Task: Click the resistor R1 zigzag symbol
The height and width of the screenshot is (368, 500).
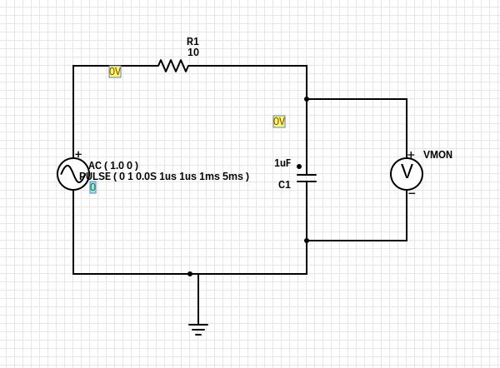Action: coord(173,66)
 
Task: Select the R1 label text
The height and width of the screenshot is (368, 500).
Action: coord(192,42)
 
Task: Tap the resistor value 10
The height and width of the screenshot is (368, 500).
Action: coord(193,52)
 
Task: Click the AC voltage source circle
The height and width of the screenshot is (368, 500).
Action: coord(73,174)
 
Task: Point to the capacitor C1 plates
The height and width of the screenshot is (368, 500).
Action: coord(307,178)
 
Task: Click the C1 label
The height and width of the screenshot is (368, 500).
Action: coord(284,185)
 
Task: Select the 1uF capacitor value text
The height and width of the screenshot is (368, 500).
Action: coord(282,163)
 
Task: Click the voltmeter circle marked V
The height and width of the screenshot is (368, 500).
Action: coord(407,174)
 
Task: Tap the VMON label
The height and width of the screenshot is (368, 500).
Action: coord(437,155)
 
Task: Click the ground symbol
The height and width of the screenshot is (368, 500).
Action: coord(198,330)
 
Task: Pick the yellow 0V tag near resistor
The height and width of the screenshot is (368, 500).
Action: coord(115,72)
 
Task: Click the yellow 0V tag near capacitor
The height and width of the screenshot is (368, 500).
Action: coord(279,122)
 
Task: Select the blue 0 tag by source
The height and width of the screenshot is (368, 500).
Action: coord(92,187)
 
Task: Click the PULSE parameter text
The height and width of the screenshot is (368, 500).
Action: coord(164,177)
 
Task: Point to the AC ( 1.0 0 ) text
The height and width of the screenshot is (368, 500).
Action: coord(113,166)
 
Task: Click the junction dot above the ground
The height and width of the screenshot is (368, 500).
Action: coord(190,274)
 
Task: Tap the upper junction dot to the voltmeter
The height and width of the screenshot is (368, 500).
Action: coord(307,99)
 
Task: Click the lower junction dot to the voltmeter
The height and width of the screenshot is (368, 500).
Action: coord(307,241)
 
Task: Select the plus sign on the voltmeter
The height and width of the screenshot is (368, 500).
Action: coord(411,155)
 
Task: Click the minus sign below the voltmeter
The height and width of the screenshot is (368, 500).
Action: coord(412,193)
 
